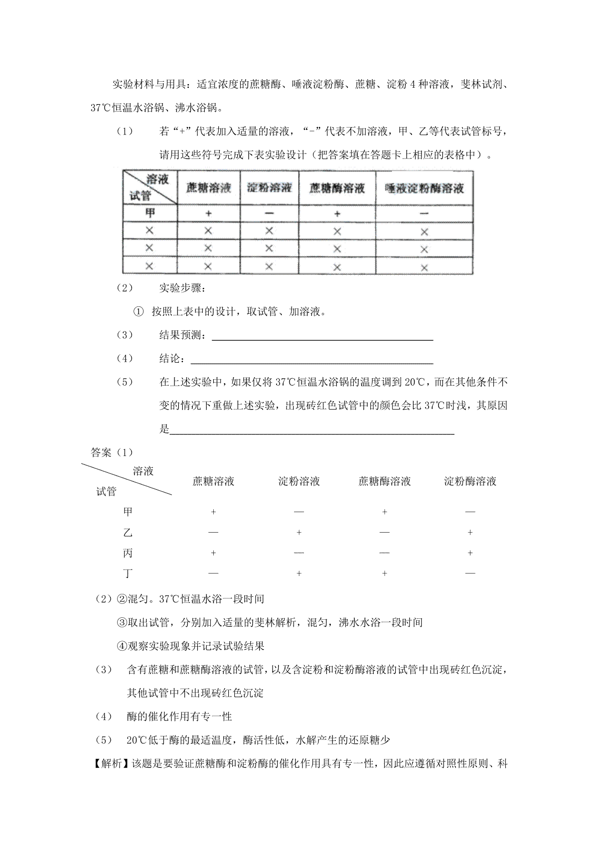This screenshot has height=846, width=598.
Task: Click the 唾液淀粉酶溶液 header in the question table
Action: pyautogui.click(x=424, y=188)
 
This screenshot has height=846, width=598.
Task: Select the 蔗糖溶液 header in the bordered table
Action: pyautogui.click(x=208, y=188)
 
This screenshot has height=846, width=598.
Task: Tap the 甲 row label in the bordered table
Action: pyautogui.click(x=149, y=213)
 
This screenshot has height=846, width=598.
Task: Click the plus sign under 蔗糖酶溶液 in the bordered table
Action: pyautogui.click(x=337, y=213)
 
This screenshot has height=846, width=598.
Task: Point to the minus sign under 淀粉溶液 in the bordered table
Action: pyautogui.click(x=269, y=213)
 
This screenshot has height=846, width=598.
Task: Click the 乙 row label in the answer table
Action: pyautogui.click(x=128, y=533)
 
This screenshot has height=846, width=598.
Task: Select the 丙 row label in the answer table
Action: pyautogui.click(x=128, y=553)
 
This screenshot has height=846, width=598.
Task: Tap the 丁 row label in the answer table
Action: pyautogui.click(x=128, y=573)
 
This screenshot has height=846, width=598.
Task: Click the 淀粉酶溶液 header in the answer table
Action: pyautogui.click(x=470, y=481)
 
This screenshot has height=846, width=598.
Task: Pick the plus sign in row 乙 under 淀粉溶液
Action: pyautogui.click(x=299, y=533)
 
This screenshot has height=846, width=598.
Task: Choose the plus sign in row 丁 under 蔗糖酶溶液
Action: pyautogui.click(x=384, y=573)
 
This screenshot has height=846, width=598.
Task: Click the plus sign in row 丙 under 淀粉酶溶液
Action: pyautogui.click(x=470, y=553)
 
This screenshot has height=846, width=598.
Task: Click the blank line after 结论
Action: pyautogui.click(x=312, y=361)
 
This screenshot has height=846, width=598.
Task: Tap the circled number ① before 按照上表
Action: pyautogui.click(x=138, y=312)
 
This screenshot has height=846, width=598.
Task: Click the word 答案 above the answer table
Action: pyautogui.click(x=102, y=452)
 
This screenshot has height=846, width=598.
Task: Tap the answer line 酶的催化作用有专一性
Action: pyautogui.click(x=179, y=716)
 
